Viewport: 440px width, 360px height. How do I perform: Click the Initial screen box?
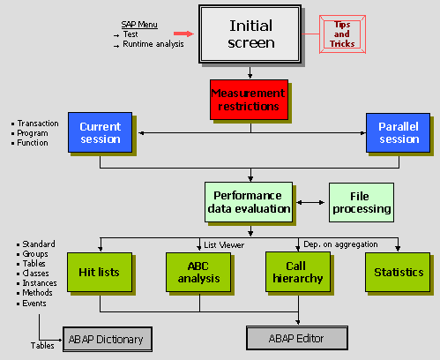pyautogui.click(x=250, y=34)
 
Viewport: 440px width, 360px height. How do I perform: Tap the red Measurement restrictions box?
pyautogui.click(x=249, y=100)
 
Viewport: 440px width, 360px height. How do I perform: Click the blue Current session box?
pyautogui.click(x=99, y=132)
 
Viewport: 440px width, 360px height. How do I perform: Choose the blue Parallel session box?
pyautogui.click(x=398, y=132)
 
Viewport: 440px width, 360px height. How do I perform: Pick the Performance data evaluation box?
pyautogui.click(x=250, y=202)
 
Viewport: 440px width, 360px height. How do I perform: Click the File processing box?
pyautogui.click(x=360, y=202)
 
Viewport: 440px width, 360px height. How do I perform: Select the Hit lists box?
pyautogui.click(x=99, y=273)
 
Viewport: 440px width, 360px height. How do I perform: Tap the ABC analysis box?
pyautogui.click(x=198, y=273)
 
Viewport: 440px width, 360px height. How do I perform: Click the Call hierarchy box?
pyautogui.click(x=297, y=273)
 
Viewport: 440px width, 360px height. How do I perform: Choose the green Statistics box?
pyautogui.click(x=398, y=273)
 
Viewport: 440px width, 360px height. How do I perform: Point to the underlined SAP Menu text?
pyautogui.click(x=139, y=24)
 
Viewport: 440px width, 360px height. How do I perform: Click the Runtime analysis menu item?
pyautogui.click(x=153, y=44)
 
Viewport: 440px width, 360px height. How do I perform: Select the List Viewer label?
pyautogui.click(x=227, y=244)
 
